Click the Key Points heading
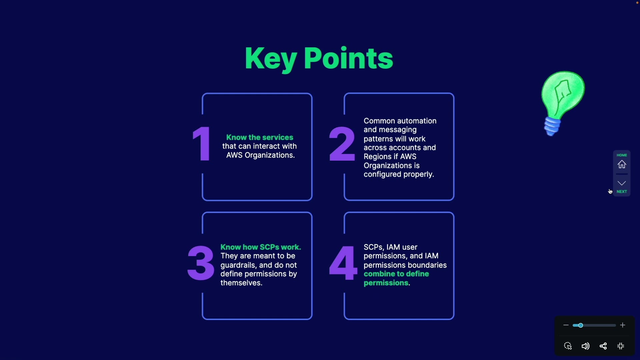tap(319, 59)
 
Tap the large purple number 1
tap(202, 144)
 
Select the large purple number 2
tap(342, 144)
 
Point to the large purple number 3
tap(201, 263)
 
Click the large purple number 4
tap(343, 263)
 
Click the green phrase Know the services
tap(260, 137)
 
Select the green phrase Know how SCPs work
tap(261, 247)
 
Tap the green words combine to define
tap(396, 274)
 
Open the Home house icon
tap(622, 164)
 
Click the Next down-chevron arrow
tap(622, 183)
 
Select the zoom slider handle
tap(580, 325)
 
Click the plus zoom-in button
tap(623, 325)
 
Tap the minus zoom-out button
tap(566, 325)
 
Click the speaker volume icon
tap(586, 346)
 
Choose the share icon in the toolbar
tap(603, 346)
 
